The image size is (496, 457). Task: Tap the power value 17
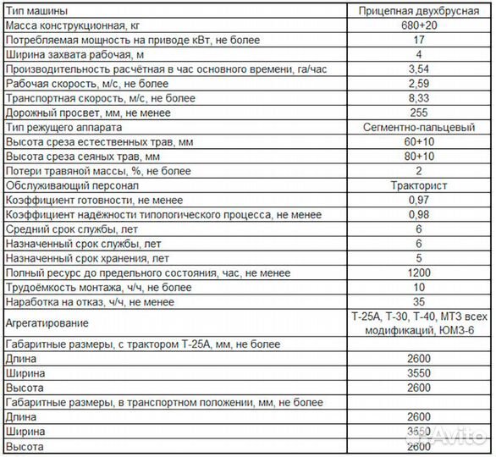(414, 41)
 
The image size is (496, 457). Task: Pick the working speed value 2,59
(414, 84)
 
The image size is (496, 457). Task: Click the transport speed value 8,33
(414, 98)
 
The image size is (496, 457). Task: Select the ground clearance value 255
(414, 113)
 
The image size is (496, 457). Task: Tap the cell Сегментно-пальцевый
(414, 127)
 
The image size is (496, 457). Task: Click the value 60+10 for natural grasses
(414, 141)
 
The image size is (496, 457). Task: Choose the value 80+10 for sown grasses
(414, 156)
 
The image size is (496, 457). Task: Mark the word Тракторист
(414, 184)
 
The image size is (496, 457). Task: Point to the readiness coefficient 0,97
(414, 199)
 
